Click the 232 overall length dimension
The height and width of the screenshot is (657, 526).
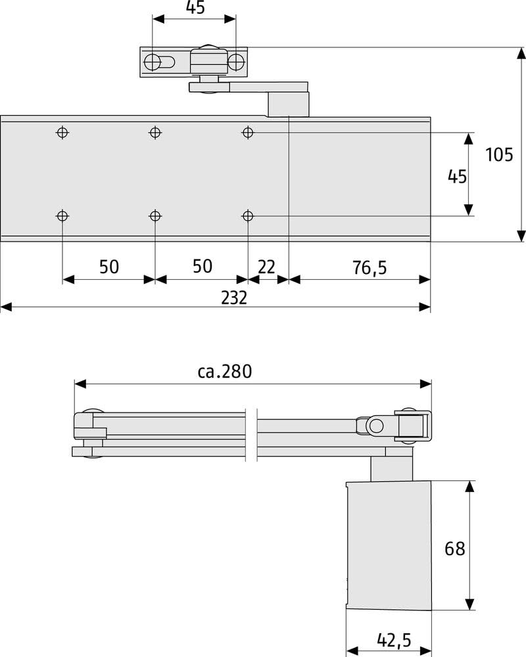[234, 298]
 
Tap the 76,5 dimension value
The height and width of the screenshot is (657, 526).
[370, 267]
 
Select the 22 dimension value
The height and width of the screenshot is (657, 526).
[266, 267]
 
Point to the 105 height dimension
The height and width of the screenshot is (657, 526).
[499, 154]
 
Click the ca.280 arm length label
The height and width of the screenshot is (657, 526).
[225, 371]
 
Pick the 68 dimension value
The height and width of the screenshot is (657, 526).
[455, 549]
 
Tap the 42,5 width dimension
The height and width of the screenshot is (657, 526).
[394, 640]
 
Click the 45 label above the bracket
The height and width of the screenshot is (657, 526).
[195, 7]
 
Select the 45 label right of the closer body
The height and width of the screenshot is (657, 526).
[457, 176]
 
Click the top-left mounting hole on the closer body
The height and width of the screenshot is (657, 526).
[62, 133]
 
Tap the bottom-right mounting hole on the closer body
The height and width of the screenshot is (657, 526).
[248, 215]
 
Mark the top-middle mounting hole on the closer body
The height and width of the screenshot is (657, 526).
[155, 133]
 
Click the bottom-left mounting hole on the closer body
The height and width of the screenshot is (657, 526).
[62, 215]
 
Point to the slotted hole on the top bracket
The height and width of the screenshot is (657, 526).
[159, 62]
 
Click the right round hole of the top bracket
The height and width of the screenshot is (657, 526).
[236, 62]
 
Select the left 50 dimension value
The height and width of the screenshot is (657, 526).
[109, 267]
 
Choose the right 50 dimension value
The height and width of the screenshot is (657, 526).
[202, 267]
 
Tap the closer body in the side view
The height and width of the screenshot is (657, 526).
[389, 545]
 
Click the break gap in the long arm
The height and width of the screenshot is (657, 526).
[251, 434]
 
